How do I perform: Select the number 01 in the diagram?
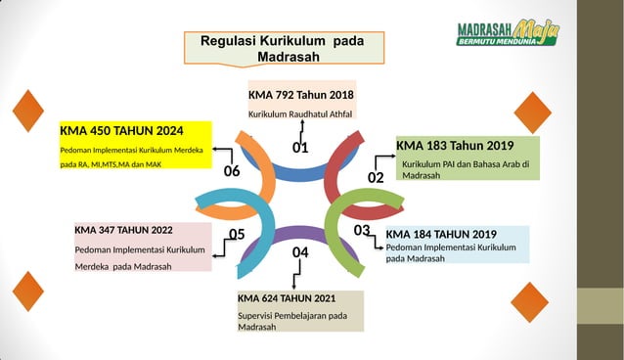point(299,149)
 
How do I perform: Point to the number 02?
point(376,177)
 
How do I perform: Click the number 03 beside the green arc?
point(362,230)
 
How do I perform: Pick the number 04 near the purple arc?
point(300,252)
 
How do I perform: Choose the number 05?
point(237,234)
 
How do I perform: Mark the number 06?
point(232,171)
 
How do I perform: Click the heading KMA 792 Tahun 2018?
point(300,95)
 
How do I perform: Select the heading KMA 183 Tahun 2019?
point(455,146)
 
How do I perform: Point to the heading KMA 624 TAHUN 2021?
point(287,297)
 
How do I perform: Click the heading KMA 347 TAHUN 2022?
point(123,231)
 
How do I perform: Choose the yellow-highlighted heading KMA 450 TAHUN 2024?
point(121,130)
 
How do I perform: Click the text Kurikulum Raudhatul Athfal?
point(299,115)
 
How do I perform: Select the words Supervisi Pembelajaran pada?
point(292,315)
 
